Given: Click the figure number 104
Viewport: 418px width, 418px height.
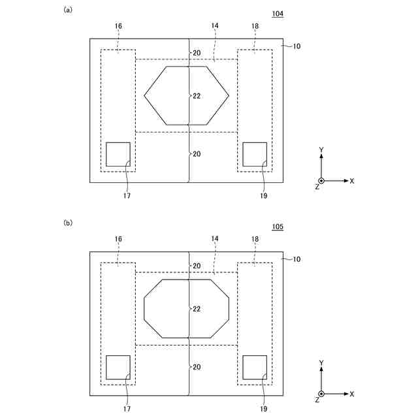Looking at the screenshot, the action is pos(278,14).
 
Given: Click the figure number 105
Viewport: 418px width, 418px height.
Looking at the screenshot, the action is pos(278,227).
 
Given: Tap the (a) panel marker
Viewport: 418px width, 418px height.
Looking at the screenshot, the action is pos(68,10).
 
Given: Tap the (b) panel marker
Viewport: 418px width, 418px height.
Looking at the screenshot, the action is pos(68,223).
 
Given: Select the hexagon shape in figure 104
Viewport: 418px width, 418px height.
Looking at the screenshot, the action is pos(144,95).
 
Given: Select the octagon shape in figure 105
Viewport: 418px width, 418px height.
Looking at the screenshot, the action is pos(144,309).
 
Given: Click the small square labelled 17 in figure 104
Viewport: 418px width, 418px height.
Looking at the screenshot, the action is pos(106,154).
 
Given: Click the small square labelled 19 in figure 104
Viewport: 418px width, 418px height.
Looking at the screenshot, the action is pos(242,154).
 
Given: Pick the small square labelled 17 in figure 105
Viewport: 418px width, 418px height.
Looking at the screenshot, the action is pos(106,367).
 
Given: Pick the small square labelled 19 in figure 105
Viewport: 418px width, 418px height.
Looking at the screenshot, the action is pos(242,367).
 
